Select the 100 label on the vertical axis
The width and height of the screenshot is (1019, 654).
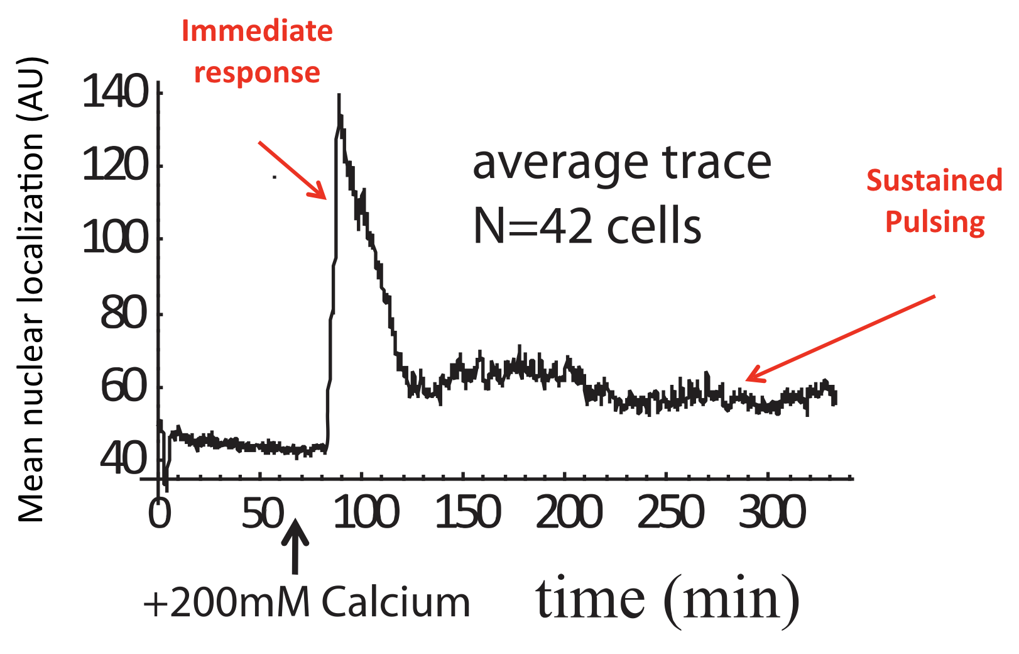115,239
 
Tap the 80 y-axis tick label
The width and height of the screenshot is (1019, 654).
124,313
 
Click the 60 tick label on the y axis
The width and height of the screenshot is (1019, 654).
124,387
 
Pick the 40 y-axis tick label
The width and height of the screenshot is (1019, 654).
124,458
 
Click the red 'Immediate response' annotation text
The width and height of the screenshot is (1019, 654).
257,52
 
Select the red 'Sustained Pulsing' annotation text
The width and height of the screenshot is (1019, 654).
934,201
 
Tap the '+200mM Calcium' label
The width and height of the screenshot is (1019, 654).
307,602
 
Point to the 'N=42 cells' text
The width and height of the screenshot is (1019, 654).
587,226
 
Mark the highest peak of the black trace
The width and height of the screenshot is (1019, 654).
339,96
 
